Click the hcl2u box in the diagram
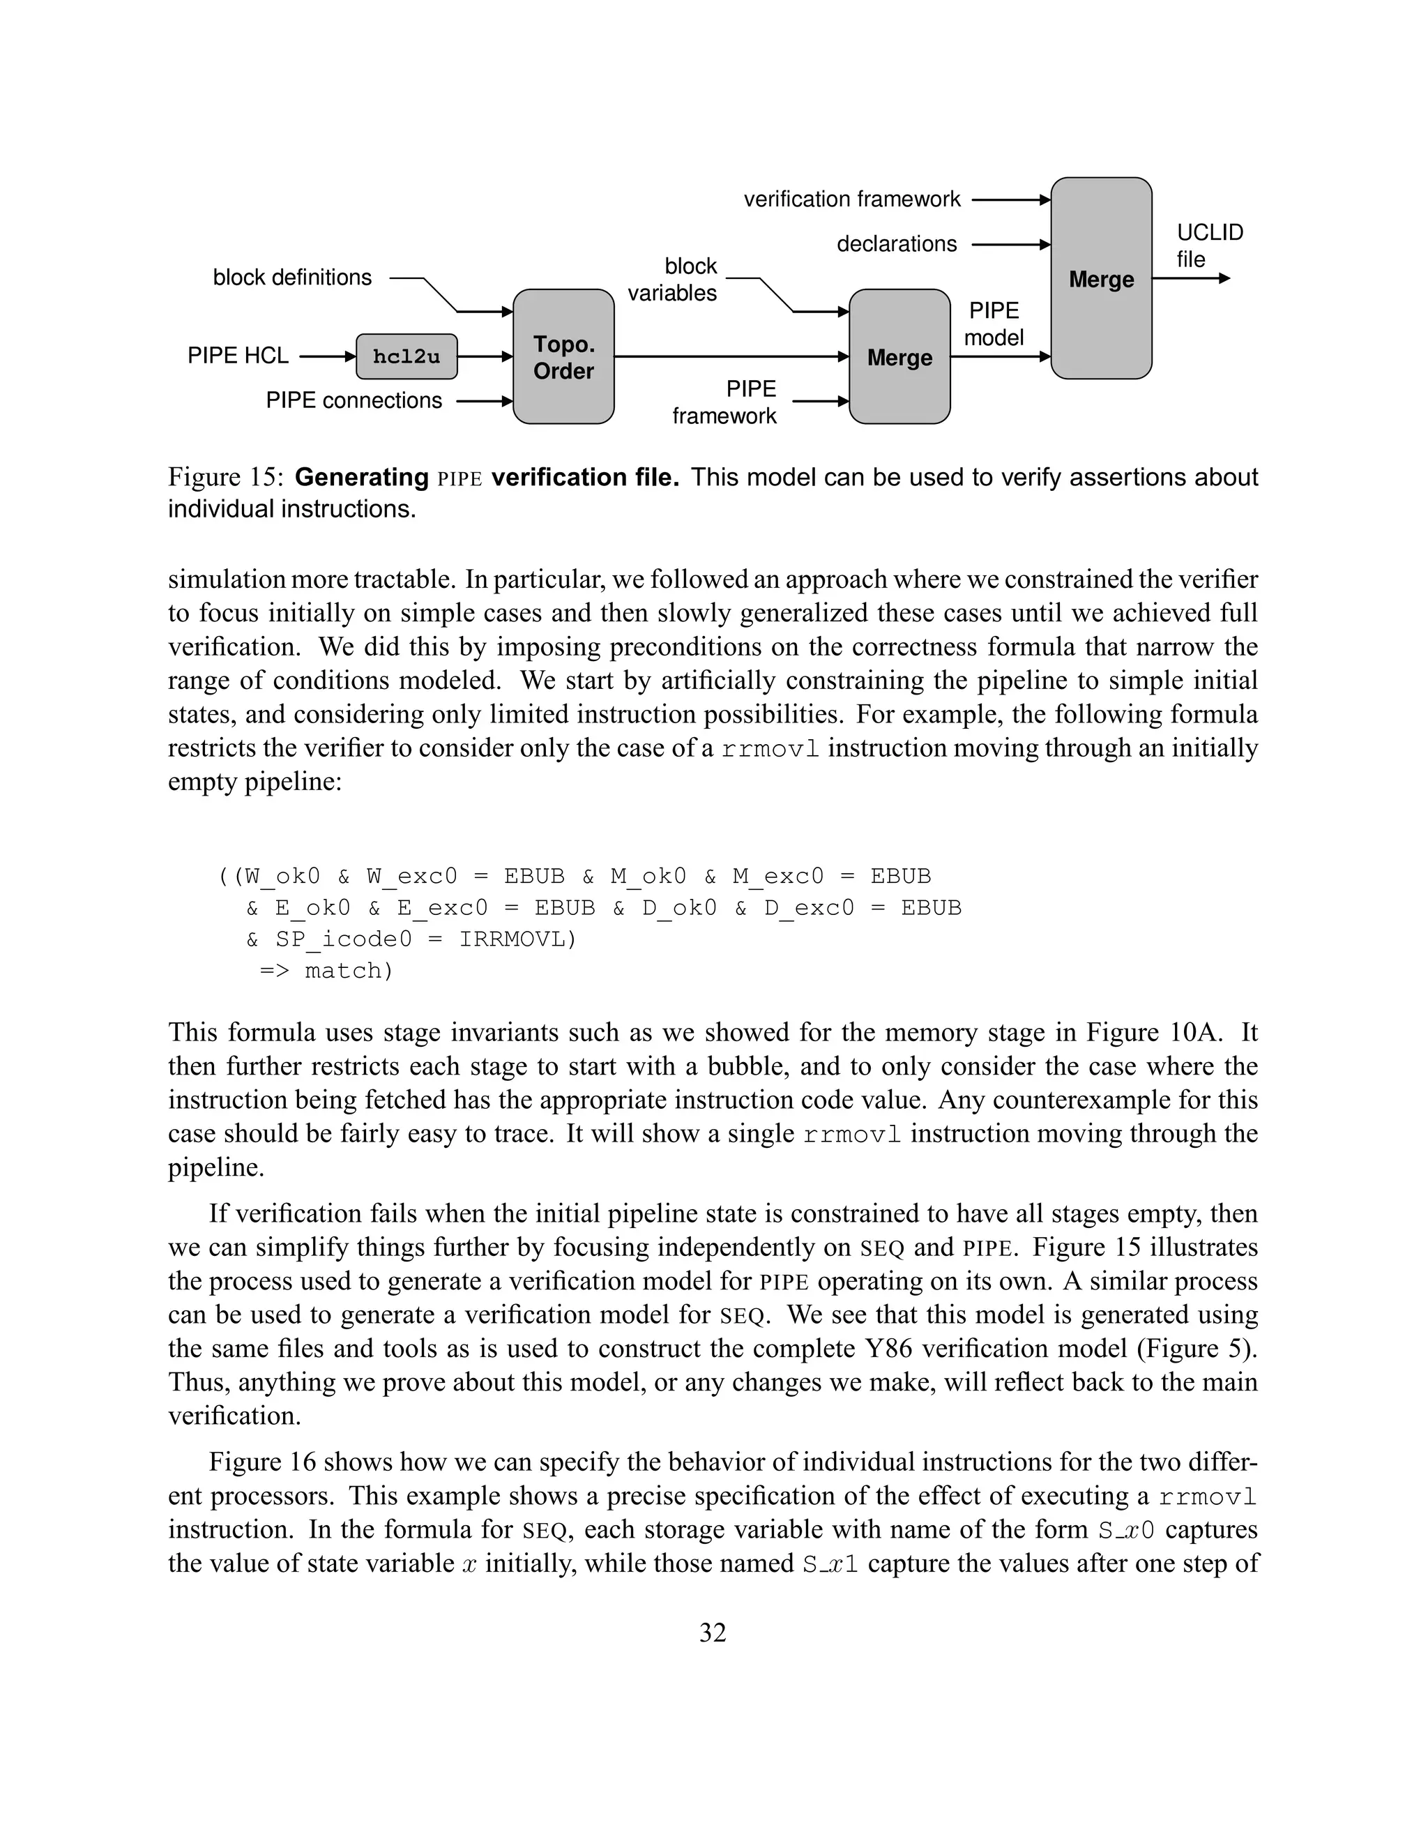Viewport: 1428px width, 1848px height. pyautogui.click(x=406, y=356)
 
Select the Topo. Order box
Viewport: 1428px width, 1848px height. pyautogui.click(x=563, y=357)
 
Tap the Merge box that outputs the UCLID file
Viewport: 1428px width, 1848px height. pyautogui.click(x=1100, y=278)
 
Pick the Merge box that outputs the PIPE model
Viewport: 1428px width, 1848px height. pyautogui.click(x=899, y=357)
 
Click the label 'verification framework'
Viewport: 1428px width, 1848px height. pyautogui.click(x=852, y=199)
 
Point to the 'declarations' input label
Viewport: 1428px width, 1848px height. pyautogui.click(x=897, y=245)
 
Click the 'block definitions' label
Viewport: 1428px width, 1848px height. pyautogui.click(x=292, y=278)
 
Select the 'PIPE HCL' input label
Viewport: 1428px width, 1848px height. pyautogui.click(x=238, y=356)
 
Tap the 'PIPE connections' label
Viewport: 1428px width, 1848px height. pyautogui.click(x=354, y=400)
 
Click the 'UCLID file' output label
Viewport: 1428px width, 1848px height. pyautogui.click(x=1210, y=245)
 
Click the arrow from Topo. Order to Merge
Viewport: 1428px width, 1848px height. pyautogui.click(x=731, y=357)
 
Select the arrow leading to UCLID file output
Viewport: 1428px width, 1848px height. pyautogui.click(x=1190, y=278)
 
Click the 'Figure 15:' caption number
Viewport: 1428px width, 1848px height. pyautogui.click(x=225, y=477)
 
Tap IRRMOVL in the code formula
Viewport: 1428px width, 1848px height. pyautogui.click(x=516, y=939)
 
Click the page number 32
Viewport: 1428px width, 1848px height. pyautogui.click(x=713, y=1633)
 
